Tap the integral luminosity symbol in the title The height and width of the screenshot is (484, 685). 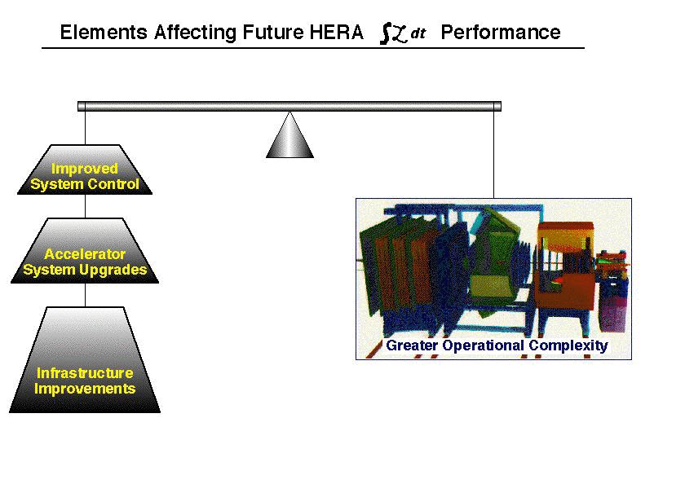[x=403, y=33]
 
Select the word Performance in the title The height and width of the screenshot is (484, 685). [x=501, y=33]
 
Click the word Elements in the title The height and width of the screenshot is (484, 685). [x=104, y=33]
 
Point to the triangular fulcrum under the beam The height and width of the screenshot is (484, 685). [x=289, y=135]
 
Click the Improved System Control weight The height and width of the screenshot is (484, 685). [x=85, y=169]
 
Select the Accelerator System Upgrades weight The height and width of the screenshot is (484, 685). [x=85, y=251]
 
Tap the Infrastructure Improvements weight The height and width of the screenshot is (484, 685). [x=85, y=360]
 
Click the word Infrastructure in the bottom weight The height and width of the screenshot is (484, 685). [x=85, y=373]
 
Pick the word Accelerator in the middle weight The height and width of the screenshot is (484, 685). [x=85, y=254]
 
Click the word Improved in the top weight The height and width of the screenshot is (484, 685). [x=85, y=169]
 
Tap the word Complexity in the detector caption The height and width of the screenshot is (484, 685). [x=568, y=345]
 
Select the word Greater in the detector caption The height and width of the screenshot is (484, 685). [x=412, y=345]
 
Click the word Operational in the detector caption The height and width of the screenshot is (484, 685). [x=483, y=346]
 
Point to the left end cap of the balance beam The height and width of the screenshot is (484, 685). [x=82, y=106]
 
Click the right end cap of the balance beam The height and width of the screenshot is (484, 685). [x=497, y=106]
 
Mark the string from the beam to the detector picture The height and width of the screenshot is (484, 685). [x=494, y=155]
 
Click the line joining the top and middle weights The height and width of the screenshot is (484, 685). [x=85, y=206]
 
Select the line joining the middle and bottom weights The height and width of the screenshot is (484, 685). [x=85, y=296]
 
